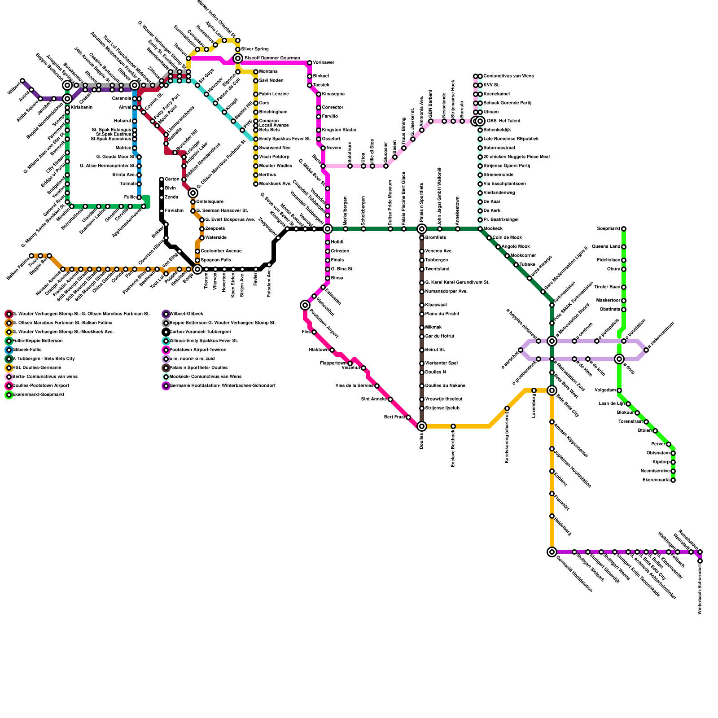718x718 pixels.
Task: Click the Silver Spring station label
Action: tap(255, 49)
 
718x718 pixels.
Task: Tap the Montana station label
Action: tap(268, 72)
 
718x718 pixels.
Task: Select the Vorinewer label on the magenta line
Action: tap(324, 63)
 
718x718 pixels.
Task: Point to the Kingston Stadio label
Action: tap(339, 130)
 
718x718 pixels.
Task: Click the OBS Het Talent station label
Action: tap(503, 121)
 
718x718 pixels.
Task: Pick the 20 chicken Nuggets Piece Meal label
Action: tap(517, 157)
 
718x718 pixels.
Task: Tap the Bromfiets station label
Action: tap(436, 238)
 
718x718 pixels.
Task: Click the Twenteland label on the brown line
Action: tap(437, 269)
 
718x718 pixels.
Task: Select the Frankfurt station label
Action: tap(562, 503)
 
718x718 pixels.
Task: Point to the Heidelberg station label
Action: tap(563, 526)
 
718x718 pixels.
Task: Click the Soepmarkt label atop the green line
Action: tap(609, 229)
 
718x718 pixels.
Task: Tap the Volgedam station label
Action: tap(605, 390)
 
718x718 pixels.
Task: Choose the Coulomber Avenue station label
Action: tap(221, 251)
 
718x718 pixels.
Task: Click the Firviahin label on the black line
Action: tap(174, 211)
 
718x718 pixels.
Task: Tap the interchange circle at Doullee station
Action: tap(422, 426)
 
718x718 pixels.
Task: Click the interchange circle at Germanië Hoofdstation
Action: tap(552, 552)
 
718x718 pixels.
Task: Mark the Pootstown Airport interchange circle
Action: tap(305, 305)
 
